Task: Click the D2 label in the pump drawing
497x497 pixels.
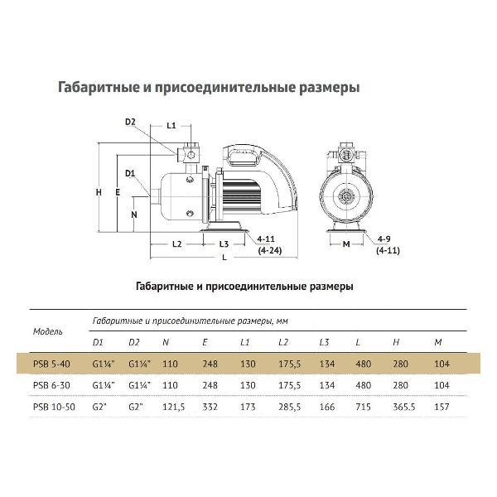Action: point(130,122)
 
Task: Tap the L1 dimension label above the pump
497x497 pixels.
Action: point(171,126)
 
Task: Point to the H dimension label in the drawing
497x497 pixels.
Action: point(99,192)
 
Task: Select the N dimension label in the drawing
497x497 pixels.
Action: point(134,215)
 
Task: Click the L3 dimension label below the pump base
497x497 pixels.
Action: point(224,244)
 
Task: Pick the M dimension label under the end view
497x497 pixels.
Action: point(346,244)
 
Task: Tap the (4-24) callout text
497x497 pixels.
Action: point(270,251)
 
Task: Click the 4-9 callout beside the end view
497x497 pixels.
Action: point(384,239)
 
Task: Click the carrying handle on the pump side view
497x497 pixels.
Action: point(244,155)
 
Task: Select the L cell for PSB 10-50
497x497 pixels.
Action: point(364,407)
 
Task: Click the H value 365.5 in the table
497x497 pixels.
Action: point(404,407)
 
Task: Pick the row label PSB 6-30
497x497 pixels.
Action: point(51,385)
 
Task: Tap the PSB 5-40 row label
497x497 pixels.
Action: point(51,364)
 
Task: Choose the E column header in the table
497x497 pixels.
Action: point(205,342)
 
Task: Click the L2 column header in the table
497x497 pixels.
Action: point(283,342)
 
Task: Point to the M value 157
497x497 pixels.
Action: point(442,407)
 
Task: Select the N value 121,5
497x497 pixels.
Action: point(173,407)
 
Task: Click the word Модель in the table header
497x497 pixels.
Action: point(48,332)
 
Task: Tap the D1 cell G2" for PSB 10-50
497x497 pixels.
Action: point(99,407)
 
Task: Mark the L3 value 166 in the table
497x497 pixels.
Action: point(327,407)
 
